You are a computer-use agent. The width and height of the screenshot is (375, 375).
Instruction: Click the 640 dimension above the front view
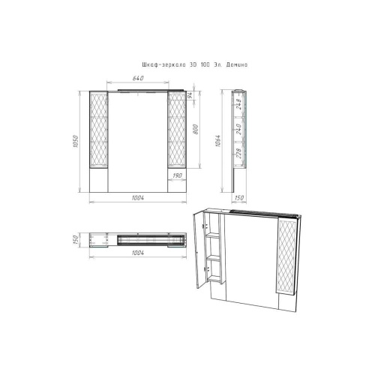[x=138, y=78]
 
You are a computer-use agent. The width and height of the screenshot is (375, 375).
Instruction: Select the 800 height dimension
[x=196, y=129]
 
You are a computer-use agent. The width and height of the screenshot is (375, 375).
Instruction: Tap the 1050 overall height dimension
[x=76, y=142]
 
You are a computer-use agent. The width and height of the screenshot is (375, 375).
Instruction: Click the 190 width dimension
[x=177, y=175]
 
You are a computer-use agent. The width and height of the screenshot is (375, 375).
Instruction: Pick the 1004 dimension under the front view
[x=138, y=197]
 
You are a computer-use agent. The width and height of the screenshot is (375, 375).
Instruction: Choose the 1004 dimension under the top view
[x=138, y=253]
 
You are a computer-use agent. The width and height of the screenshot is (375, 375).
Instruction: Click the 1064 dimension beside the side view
[x=218, y=141]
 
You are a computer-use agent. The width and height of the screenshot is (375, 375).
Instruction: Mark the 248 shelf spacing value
[x=238, y=104]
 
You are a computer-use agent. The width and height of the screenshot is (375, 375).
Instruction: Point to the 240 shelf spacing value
[x=238, y=129]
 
